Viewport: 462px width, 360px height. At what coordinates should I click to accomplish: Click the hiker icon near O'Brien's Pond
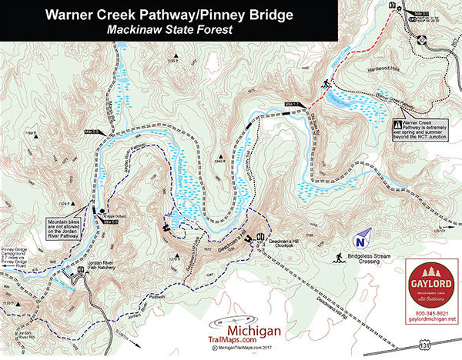(326, 82)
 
